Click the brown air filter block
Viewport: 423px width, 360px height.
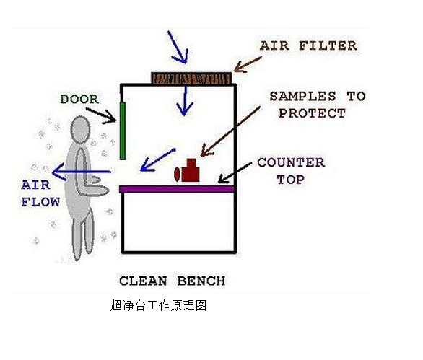191,79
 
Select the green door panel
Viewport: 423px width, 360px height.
123,131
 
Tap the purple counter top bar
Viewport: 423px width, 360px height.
177,189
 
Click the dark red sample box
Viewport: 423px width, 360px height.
191,170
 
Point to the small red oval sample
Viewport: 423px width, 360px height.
177,174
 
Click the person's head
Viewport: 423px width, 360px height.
80,130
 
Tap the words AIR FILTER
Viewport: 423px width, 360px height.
308,45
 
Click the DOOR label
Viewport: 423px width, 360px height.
79,100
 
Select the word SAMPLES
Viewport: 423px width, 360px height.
303,96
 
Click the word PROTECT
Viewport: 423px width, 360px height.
312,113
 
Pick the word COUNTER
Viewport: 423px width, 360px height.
291,162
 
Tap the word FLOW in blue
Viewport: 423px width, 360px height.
40,202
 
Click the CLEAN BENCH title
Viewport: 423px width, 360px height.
172,281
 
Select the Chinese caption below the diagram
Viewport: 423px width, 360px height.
158,305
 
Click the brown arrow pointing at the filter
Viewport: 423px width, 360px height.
248,64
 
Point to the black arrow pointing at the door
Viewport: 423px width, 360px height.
102,115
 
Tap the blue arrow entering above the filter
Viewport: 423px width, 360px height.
178,48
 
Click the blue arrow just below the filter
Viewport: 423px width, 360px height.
185,100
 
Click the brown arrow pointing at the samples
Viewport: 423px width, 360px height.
230,131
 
